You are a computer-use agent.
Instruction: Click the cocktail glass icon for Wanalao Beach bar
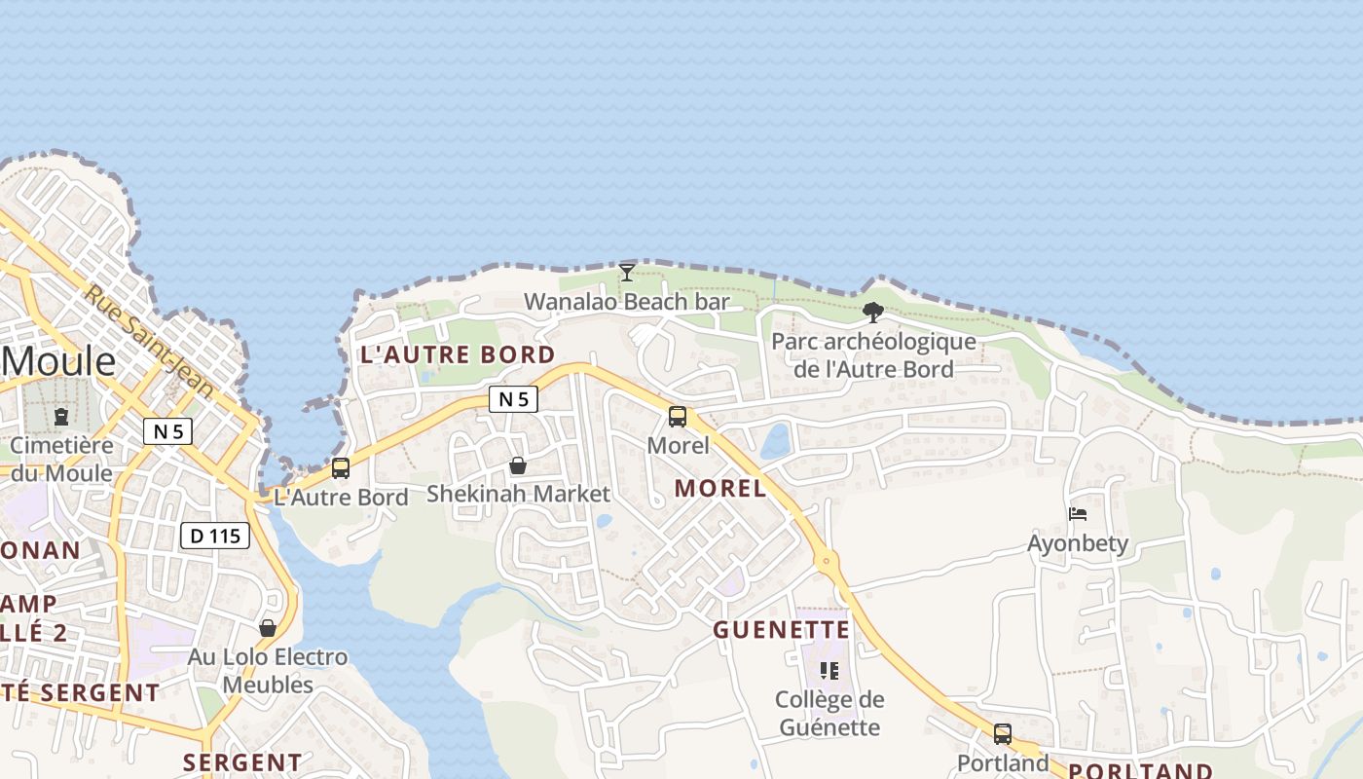point(627,272)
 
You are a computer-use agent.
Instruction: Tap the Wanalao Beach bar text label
point(627,302)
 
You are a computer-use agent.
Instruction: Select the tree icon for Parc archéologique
point(873,313)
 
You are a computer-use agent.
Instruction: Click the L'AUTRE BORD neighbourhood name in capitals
point(458,354)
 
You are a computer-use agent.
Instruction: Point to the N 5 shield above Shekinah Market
point(513,398)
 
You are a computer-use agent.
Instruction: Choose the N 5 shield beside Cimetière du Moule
point(167,430)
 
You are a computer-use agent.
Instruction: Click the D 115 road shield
point(215,535)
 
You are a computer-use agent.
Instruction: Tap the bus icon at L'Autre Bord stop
point(341,467)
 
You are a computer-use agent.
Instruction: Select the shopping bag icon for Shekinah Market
point(518,466)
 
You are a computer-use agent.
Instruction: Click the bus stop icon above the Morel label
point(678,417)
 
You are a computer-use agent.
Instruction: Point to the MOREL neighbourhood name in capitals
point(720,489)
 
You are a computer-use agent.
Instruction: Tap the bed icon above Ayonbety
point(1078,513)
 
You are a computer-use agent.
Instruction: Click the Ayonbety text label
point(1078,543)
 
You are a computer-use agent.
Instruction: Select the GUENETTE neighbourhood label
point(782,630)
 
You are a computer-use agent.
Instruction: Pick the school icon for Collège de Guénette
point(829,670)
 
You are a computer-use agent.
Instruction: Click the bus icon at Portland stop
point(1003,734)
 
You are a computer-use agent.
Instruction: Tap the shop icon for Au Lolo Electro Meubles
point(268,628)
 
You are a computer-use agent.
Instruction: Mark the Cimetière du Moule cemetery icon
point(61,417)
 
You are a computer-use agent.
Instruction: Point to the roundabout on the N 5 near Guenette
point(827,560)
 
